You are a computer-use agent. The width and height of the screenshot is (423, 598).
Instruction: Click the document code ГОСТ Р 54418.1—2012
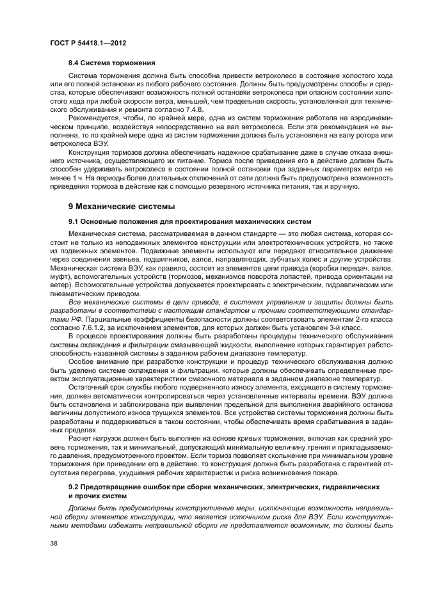[x=87, y=42]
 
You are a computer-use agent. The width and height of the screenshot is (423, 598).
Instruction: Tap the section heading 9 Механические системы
[x=122, y=207]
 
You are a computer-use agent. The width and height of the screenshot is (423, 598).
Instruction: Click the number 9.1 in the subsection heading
[x=74, y=221]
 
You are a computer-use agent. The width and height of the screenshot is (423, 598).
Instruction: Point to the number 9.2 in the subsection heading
[x=74, y=487]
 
